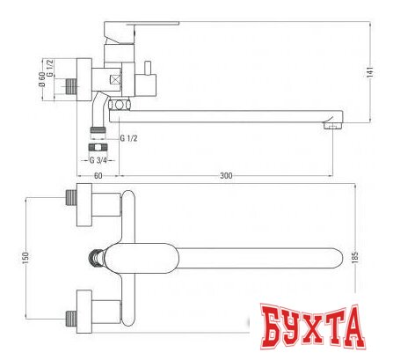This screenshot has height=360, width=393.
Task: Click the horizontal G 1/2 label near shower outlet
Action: (128, 136)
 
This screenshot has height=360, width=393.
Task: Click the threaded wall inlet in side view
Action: (70, 87)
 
